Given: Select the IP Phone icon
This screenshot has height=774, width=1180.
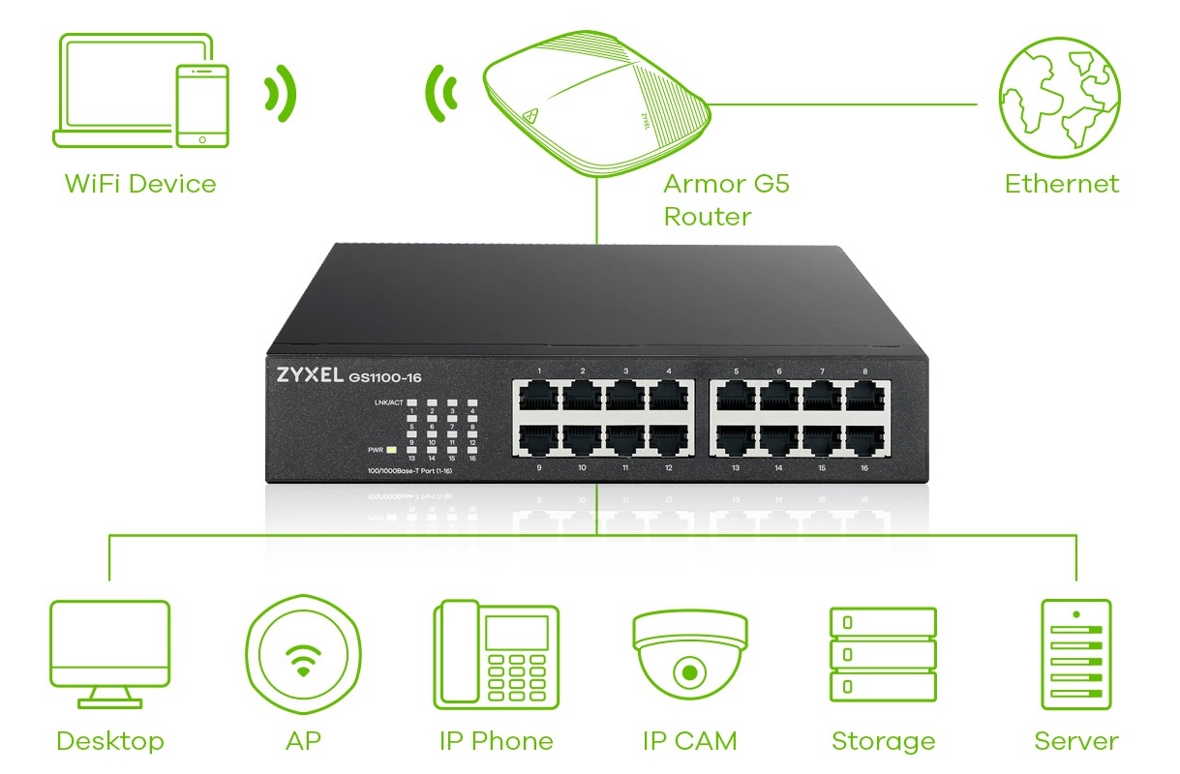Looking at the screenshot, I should [497, 653].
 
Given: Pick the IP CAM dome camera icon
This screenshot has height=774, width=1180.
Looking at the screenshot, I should [690, 653].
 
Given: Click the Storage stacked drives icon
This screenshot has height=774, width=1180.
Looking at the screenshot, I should [883, 654].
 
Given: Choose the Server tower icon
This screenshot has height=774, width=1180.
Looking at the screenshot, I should [1075, 653].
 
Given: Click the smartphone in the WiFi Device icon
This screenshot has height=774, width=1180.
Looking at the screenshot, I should [201, 106].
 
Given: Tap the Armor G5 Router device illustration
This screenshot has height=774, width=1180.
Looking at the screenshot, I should [596, 106].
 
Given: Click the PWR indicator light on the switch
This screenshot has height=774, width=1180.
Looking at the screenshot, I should [391, 450].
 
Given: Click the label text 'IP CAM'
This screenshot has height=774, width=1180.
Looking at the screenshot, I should [689, 741].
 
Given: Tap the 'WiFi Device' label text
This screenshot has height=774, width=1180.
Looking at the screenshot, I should [140, 183].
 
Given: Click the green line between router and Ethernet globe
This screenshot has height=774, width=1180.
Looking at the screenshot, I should [852, 103].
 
